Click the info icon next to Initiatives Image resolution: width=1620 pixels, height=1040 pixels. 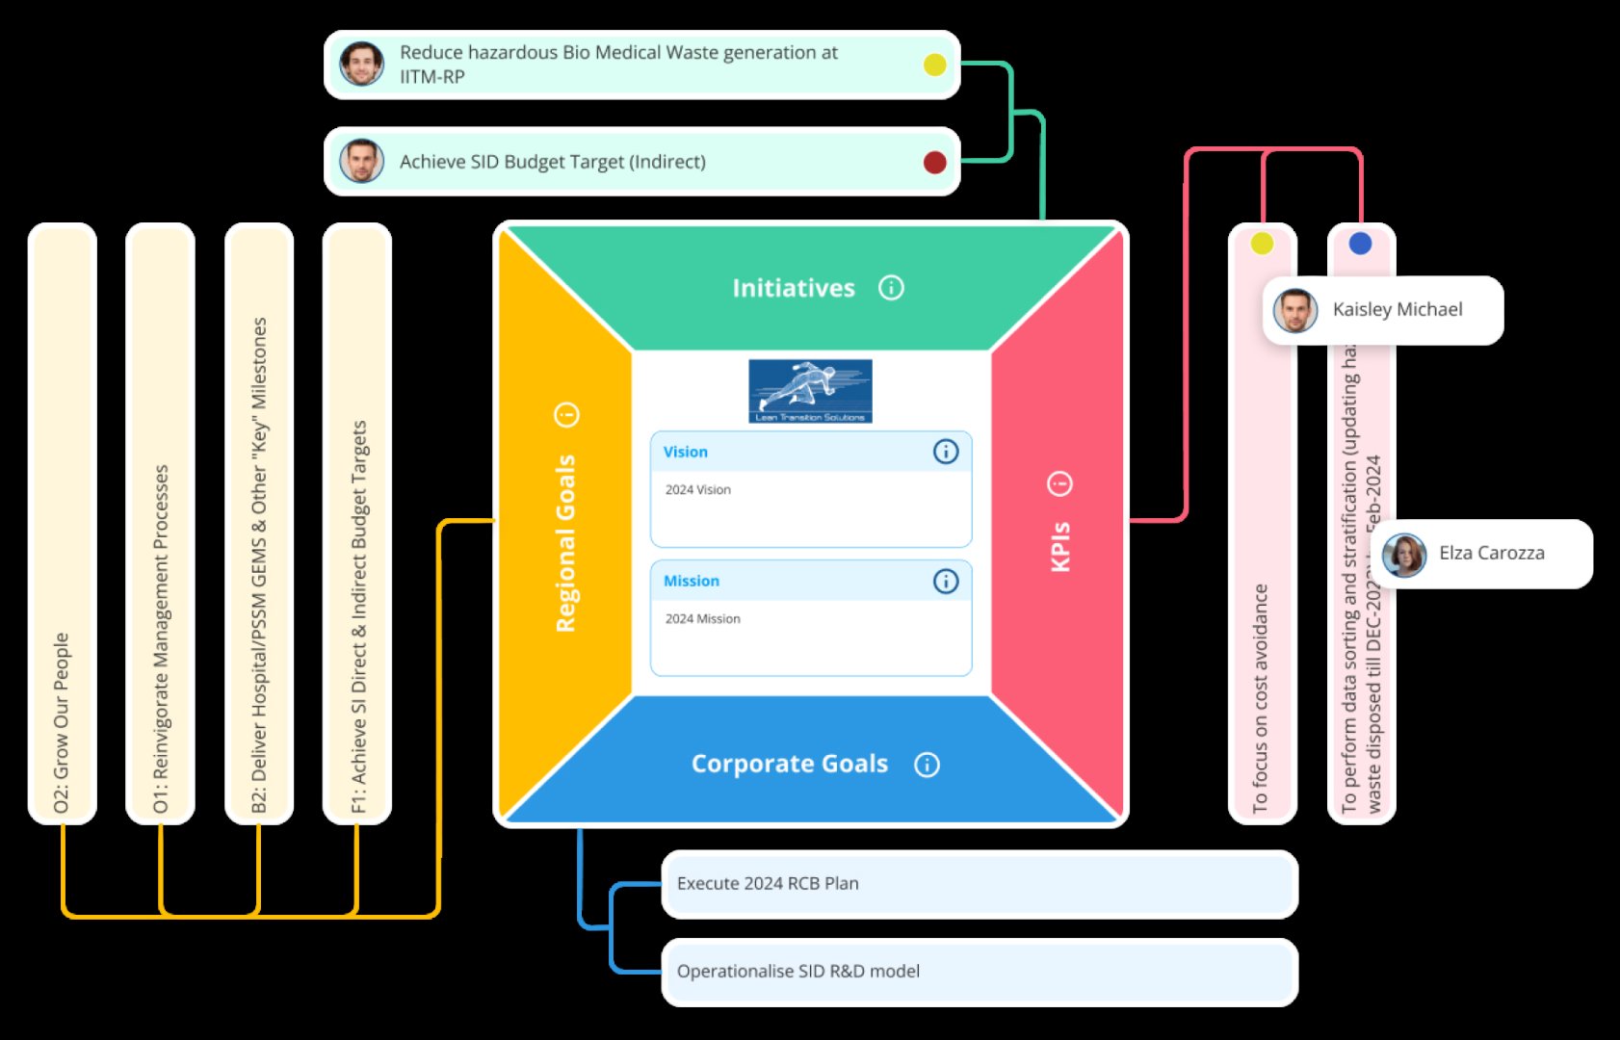[x=891, y=288]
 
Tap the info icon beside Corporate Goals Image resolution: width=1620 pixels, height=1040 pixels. [x=927, y=765]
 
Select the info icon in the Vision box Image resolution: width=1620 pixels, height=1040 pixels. [x=946, y=452]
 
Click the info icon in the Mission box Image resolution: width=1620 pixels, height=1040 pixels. [x=946, y=581]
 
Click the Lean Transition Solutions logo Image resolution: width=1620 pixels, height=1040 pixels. [x=810, y=391]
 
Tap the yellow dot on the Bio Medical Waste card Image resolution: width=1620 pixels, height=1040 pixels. [x=934, y=65]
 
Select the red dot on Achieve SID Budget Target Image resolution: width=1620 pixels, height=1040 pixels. [x=934, y=162]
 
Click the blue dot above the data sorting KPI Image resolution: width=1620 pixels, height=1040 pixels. [x=1360, y=244]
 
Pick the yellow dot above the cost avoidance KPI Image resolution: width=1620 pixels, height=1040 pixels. [x=1262, y=244]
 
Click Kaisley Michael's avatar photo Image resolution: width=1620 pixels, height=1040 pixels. [x=1295, y=310]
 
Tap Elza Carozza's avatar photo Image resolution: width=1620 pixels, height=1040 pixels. [x=1404, y=554]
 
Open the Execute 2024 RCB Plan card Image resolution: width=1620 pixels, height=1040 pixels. [x=979, y=884]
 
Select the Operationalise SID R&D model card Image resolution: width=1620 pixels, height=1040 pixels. [x=979, y=972]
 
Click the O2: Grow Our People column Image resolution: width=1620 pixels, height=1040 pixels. [x=62, y=525]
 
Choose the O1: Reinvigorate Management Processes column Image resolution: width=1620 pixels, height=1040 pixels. [x=160, y=525]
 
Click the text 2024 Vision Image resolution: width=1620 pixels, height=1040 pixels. [x=697, y=490]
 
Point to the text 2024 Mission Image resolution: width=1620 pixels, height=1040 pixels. [x=702, y=619]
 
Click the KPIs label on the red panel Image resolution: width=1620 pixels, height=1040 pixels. [x=1060, y=546]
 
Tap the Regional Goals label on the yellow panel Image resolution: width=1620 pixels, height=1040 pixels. [x=565, y=543]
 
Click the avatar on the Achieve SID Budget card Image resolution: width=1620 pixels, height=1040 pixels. [x=362, y=161]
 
